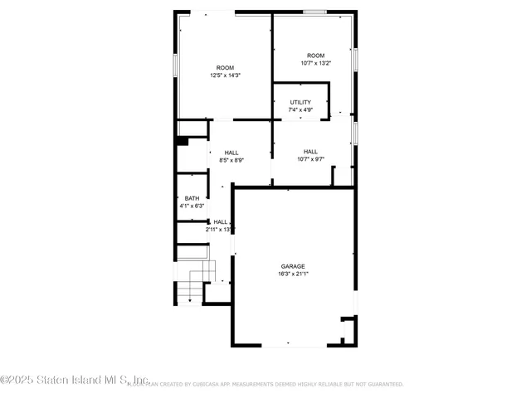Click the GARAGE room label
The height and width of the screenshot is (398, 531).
292,266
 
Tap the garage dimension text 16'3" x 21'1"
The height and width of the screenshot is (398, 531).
292,274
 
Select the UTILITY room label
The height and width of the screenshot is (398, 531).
300,102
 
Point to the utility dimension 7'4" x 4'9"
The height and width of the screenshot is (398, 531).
300,109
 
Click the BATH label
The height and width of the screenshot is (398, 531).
192,198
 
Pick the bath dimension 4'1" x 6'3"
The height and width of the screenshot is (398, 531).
192,206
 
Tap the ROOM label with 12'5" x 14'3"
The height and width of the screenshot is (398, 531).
225,68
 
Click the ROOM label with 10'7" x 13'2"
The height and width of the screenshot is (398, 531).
315,56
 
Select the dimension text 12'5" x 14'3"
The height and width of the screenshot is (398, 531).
225,75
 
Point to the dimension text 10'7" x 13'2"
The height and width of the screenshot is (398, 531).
315,63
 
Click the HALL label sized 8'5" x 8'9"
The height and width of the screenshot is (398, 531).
231,153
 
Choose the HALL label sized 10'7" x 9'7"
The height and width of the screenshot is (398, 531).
310,152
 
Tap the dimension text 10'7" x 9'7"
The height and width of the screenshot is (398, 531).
310,159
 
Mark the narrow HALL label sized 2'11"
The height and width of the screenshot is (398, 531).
221,222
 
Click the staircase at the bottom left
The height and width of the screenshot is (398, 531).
195,282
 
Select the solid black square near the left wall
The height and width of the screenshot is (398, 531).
183,141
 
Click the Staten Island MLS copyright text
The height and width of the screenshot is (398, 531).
75,381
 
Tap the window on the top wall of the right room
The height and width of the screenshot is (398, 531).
314,12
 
